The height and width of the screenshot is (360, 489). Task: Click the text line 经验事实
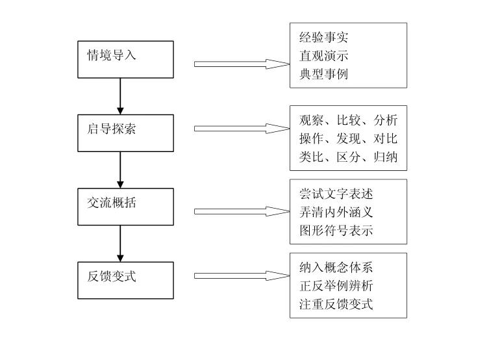point(323,38)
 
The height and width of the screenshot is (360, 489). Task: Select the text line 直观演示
point(323,56)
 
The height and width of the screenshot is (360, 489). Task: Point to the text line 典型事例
point(323,74)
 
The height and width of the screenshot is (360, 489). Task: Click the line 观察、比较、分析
point(348,120)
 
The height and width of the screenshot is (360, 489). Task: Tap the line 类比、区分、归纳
point(348,157)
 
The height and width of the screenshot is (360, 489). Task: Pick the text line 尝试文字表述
point(336,194)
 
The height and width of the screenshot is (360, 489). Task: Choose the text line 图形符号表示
point(336,231)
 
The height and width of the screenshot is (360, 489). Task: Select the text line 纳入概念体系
point(336,268)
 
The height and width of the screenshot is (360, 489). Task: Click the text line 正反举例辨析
point(336,286)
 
